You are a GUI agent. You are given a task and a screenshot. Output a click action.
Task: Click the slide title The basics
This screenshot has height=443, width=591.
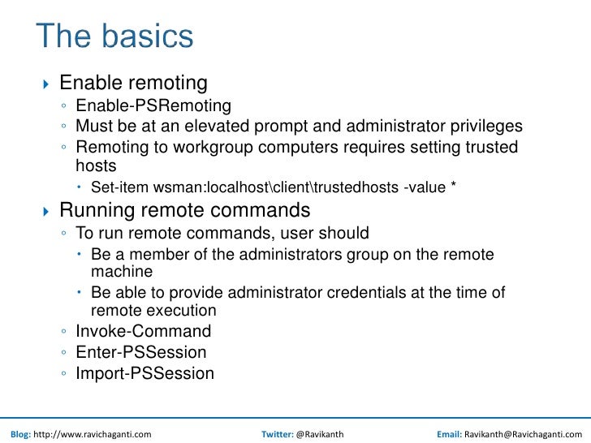(114, 37)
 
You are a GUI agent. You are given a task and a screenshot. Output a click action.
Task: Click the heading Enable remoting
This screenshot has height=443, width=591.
(133, 83)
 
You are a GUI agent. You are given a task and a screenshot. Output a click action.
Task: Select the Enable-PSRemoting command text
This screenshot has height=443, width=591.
(153, 105)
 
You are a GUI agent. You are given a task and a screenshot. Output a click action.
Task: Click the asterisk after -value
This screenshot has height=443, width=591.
(452, 187)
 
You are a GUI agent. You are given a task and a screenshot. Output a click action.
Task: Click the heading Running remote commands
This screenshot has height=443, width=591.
(184, 211)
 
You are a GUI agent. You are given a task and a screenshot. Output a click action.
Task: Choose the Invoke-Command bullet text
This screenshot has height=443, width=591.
(143, 331)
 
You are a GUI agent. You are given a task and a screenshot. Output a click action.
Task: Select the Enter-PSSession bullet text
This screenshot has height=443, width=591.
(140, 352)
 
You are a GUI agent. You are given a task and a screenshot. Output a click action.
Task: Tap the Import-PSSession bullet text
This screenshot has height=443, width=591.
(145, 373)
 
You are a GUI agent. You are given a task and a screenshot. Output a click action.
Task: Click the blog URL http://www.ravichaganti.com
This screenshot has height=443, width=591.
(92, 434)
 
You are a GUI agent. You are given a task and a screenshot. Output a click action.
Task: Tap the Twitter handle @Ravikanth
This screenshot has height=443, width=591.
(320, 434)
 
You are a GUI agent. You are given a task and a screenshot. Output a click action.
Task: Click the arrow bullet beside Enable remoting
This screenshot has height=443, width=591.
(45, 84)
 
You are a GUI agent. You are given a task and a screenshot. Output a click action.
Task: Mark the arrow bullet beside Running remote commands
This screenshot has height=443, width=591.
(45, 212)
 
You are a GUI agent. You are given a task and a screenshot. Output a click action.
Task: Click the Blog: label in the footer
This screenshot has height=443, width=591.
(19, 434)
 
